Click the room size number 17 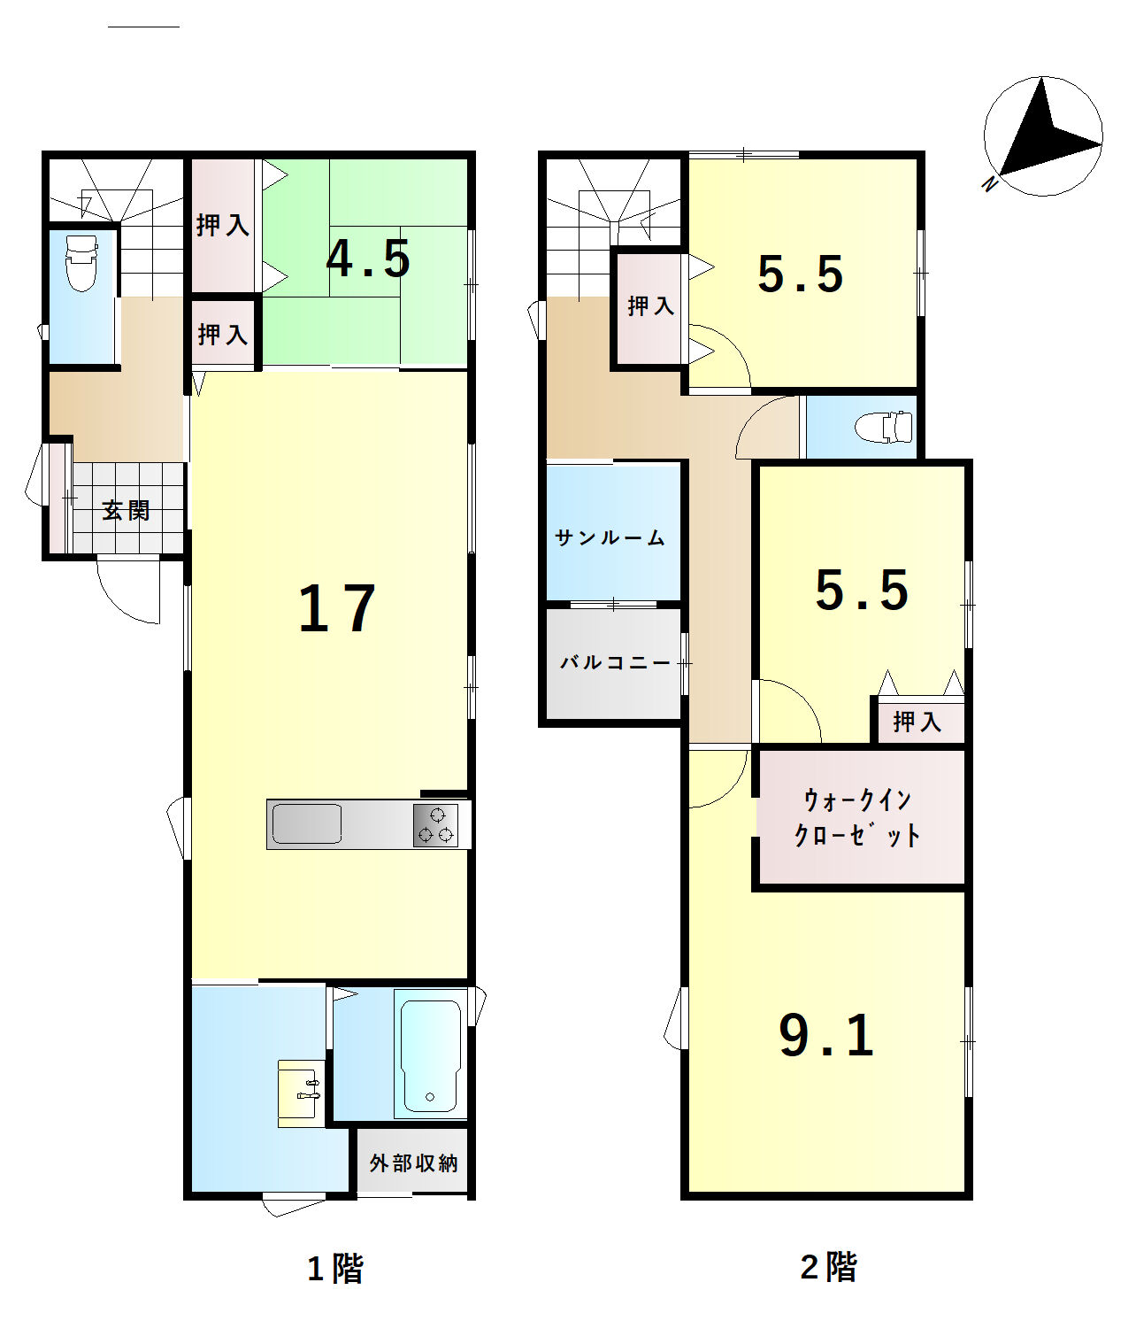(x=337, y=609)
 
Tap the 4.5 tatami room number (x=368, y=259)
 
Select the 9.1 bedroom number (x=826, y=1036)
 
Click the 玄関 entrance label (x=126, y=510)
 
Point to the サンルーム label (x=610, y=538)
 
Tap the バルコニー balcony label (x=615, y=662)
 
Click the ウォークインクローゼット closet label (x=857, y=817)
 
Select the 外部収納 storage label (x=413, y=1163)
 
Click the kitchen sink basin (x=306, y=823)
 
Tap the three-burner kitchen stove (x=435, y=825)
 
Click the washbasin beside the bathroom (x=301, y=1093)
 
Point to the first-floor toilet (x=81, y=263)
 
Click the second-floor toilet (x=884, y=427)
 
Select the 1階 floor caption (x=336, y=1269)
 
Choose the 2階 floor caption (x=828, y=1267)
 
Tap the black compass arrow (x=1048, y=130)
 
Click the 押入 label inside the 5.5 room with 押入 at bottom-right (x=917, y=722)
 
